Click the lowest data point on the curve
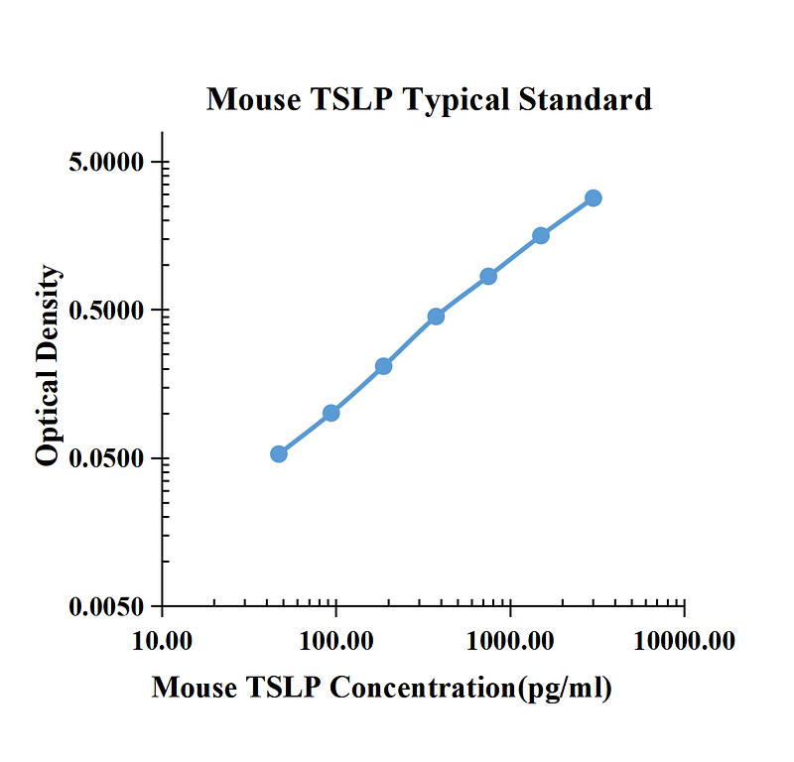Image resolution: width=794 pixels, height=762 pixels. [x=279, y=454]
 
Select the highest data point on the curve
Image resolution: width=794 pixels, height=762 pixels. [x=594, y=198]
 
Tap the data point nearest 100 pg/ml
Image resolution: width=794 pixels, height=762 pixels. [x=331, y=413]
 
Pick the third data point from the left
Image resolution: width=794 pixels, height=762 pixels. [x=384, y=366]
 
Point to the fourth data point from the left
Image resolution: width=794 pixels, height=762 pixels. [x=436, y=317]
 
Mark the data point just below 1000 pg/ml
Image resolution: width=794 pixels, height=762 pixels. [x=488, y=277]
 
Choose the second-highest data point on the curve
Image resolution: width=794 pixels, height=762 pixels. [x=541, y=235]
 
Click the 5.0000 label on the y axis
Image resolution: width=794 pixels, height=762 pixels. [x=106, y=163]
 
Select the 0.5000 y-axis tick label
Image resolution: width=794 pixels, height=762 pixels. [x=106, y=311]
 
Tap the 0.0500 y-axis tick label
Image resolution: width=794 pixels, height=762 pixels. [x=106, y=458]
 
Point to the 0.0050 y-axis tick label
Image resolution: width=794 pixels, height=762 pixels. [x=106, y=606]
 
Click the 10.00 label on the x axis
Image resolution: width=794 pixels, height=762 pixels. [x=162, y=641]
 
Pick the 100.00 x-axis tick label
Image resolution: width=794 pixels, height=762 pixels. [x=336, y=641]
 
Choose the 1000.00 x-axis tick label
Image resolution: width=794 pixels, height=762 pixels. [x=510, y=641]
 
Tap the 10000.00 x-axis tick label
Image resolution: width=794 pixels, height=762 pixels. [x=684, y=641]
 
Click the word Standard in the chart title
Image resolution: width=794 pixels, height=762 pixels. [x=585, y=99]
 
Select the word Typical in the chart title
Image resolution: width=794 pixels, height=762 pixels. [x=456, y=101]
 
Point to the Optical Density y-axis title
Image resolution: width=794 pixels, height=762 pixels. [x=48, y=365]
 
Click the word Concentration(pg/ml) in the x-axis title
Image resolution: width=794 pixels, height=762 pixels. [x=470, y=689]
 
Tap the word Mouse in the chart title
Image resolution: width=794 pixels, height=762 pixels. [x=254, y=99]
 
